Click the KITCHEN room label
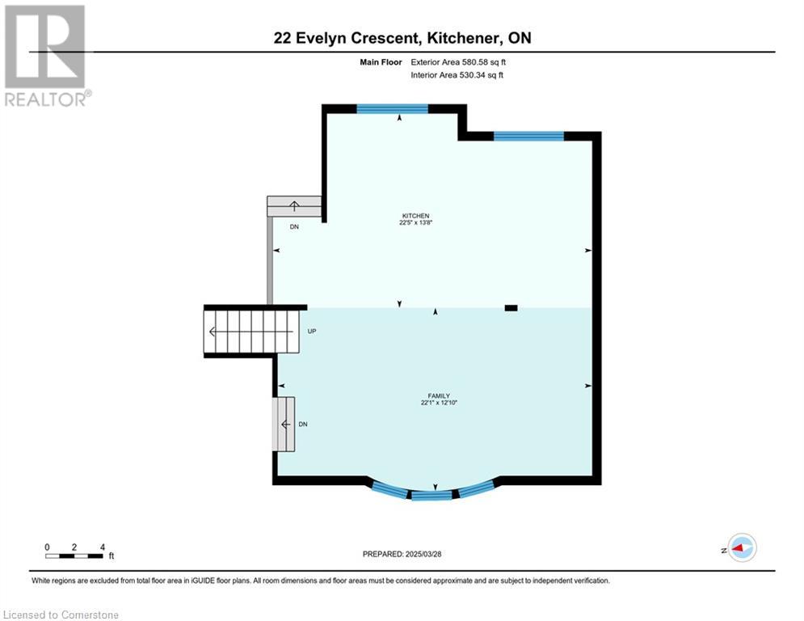coord(415,216)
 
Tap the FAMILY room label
coord(439,395)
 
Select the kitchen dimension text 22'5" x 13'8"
coord(415,222)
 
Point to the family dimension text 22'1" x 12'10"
coord(439,403)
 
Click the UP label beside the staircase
coord(312,331)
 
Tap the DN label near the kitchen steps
coord(294,226)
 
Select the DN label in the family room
coord(303,424)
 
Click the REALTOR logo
coord(45,56)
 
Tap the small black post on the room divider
coord(511,308)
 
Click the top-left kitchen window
coord(392,108)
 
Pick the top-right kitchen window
coord(528,136)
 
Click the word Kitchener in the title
coord(462,38)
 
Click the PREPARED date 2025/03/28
coord(423,554)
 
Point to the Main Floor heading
coord(381,62)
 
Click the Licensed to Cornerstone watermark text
coord(61,615)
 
